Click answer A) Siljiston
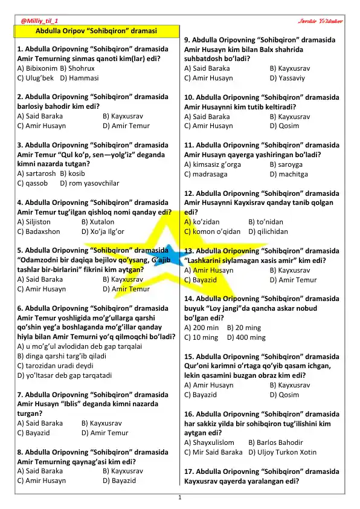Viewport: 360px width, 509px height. coord(39,222)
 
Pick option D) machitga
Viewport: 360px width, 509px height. coord(289,173)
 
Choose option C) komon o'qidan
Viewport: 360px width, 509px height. coord(214,232)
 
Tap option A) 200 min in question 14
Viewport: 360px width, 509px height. coord(202,328)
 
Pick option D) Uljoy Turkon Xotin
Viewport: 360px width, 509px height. coord(282,452)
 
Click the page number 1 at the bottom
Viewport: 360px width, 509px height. coord(180,497)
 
